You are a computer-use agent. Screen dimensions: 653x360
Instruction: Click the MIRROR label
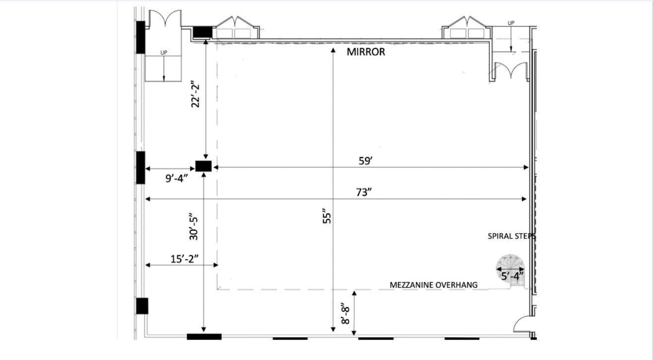click(366, 52)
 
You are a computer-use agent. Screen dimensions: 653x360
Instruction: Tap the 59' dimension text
click(366, 161)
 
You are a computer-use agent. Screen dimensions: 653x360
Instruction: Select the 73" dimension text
click(364, 192)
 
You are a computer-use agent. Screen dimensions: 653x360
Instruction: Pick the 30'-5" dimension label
click(194, 228)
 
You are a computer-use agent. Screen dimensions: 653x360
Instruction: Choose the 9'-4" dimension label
click(176, 178)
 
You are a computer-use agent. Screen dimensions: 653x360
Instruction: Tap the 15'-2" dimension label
click(184, 259)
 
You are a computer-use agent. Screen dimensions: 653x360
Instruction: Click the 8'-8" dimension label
click(345, 314)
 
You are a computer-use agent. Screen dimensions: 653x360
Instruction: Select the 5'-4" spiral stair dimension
click(512, 276)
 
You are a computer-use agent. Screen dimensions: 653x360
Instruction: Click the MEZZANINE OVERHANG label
click(434, 285)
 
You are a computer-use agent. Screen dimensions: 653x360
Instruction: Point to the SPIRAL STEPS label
click(511, 236)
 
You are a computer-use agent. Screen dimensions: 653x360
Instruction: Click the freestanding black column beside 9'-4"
click(203, 166)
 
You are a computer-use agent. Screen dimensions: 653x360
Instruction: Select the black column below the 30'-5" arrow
click(204, 337)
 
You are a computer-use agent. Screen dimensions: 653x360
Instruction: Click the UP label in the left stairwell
click(164, 53)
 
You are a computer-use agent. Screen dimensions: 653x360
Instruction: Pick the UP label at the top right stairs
click(511, 23)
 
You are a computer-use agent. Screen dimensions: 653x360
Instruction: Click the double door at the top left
click(165, 18)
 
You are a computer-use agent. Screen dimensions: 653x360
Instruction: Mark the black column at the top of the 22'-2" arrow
click(203, 32)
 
